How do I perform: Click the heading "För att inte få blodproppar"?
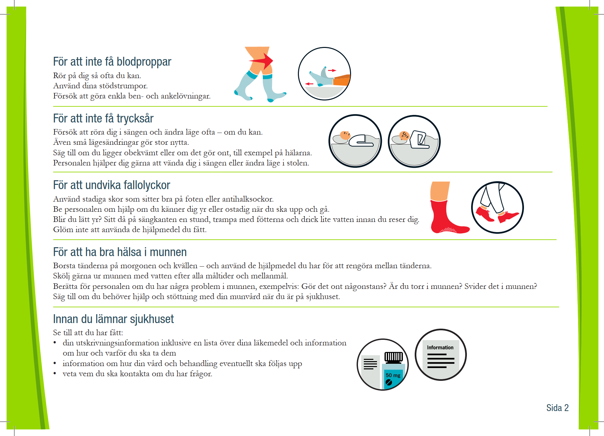click(112, 62)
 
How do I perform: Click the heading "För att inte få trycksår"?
click(103, 119)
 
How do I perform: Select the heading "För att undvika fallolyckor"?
click(112, 185)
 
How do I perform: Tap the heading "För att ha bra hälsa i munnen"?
click(120, 252)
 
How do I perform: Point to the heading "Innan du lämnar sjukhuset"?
click(114, 319)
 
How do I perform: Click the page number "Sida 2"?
click(557, 408)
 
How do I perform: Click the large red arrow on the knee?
click(261, 61)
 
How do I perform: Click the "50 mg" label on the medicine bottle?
click(393, 375)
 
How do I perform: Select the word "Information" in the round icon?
click(440, 347)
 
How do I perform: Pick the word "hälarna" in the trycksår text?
click(298, 153)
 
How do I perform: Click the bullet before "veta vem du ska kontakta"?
click(55, 374)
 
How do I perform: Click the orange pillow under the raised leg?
click(342, 80)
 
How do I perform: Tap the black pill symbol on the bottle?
click(389, 382)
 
